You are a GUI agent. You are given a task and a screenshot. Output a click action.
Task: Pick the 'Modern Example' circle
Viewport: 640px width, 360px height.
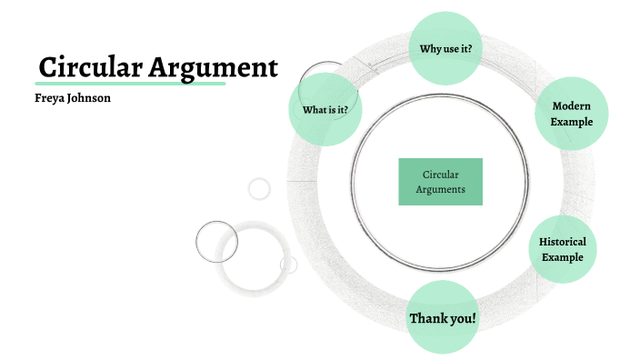tap(571, 114)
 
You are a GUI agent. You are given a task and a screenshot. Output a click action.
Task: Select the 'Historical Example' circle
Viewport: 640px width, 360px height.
tap(563, 250)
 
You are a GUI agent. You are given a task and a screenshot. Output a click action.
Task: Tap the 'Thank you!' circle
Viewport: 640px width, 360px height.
tap(442, 318)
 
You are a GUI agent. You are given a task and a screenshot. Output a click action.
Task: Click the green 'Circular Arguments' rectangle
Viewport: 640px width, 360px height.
tap(440, 182)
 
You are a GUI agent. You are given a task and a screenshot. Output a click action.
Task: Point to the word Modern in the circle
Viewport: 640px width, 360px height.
tap(572, 106)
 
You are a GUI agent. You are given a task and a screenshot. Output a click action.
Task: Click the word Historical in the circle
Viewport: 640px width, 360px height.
tap(563, 243)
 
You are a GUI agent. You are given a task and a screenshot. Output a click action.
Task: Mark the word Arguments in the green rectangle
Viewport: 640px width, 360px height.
tap(440, 190)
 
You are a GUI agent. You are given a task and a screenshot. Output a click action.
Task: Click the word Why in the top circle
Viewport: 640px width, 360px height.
tap(431, 48)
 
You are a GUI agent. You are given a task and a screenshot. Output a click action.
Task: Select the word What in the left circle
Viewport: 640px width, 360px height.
tap(315, 111)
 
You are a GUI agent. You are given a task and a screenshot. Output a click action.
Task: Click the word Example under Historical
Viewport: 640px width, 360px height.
tap(563, 257)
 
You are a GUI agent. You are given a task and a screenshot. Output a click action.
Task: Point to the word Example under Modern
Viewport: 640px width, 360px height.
tap(572, 122)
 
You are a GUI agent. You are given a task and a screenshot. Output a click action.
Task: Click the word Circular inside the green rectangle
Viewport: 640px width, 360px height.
tap(441, 175)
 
